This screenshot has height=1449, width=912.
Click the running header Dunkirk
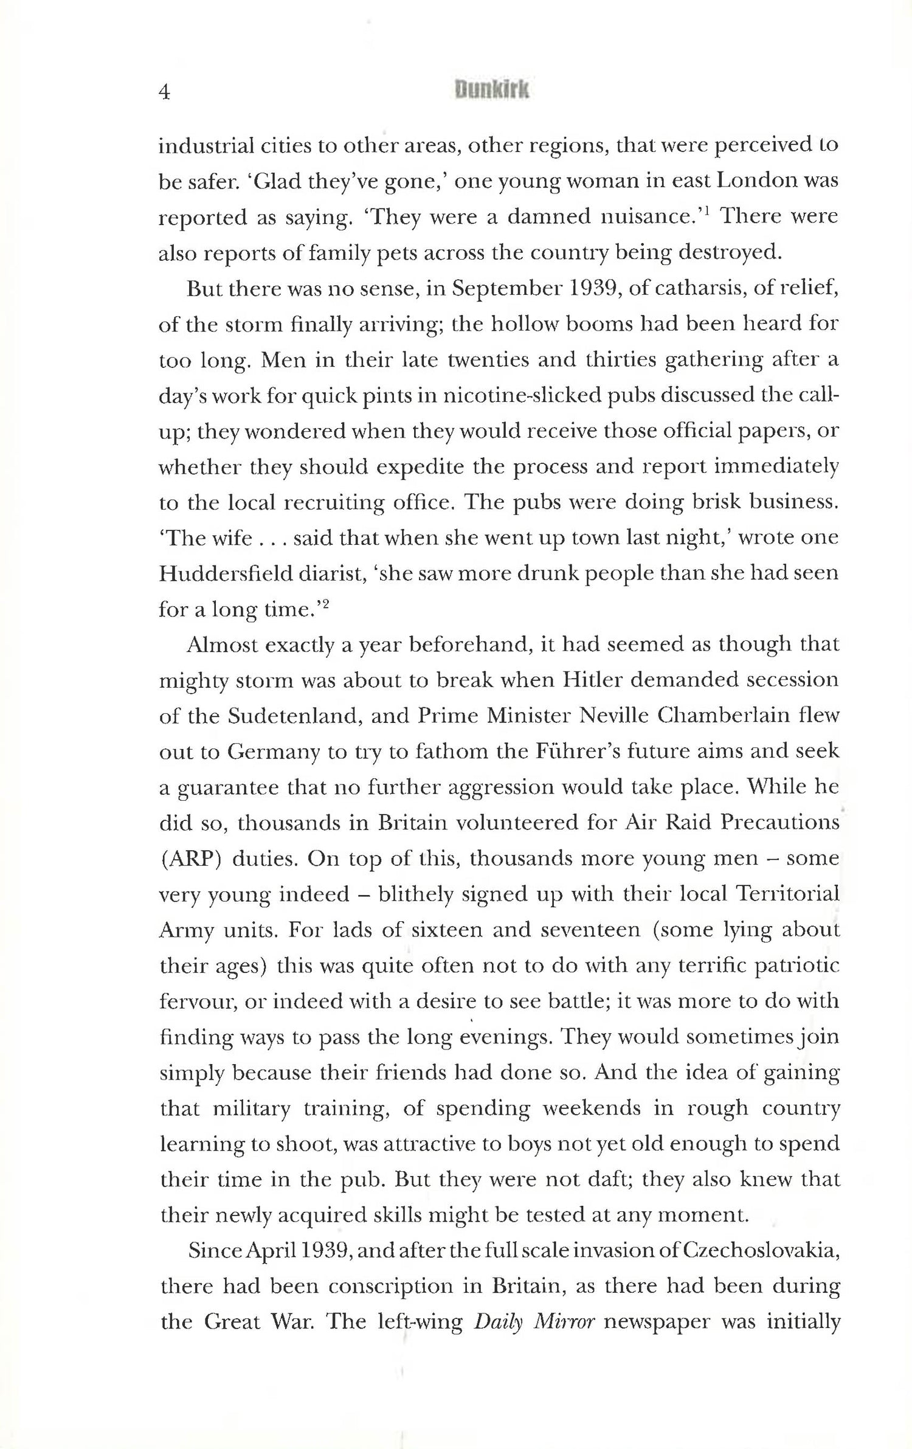coord(492,91)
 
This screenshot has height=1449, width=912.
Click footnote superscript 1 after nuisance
coord(710,211)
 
